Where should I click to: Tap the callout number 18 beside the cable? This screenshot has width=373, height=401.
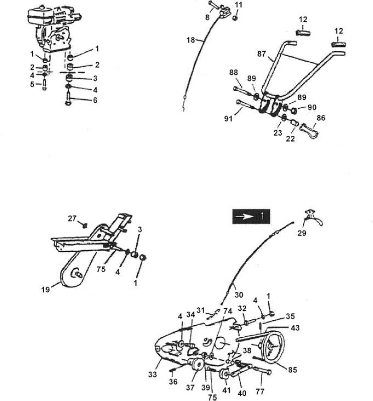point(191,40)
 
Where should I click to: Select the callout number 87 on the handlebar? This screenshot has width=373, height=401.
point(262,54)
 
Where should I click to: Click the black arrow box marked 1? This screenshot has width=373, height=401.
point(251,217)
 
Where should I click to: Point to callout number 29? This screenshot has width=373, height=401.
point(302,233)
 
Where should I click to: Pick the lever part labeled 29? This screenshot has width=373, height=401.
point(314,218)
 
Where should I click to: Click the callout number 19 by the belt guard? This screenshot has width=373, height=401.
point(46,290)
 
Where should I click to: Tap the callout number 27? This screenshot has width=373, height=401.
point(72,219)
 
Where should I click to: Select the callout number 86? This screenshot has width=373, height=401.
point(321,118)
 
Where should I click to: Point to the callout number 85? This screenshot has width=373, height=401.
point(292,370)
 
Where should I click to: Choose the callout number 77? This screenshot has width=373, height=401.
point(260,391)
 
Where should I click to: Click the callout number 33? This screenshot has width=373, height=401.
point(152,374)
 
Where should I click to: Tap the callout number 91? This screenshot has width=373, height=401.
point(228,119)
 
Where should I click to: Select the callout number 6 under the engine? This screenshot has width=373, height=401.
point(95,100)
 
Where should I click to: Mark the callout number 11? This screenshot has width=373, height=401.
point(238,5)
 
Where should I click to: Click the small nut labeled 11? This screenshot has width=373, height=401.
point(236,18)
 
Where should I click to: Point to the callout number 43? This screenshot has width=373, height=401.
point(295,328)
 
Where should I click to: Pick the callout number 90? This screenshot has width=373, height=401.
point(312,107)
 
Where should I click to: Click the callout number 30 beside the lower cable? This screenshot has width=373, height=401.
point(239,295)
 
